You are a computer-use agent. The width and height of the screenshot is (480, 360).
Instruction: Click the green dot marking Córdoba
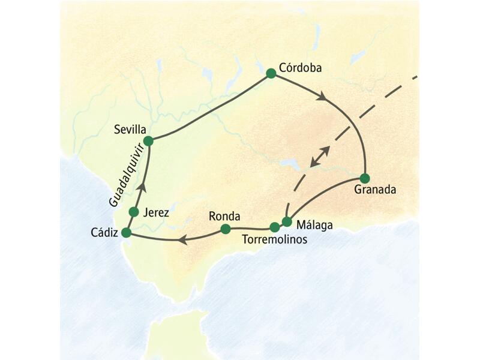pyautogui.click(x=271, y=73)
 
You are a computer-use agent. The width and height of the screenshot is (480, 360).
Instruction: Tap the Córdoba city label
pyautogui.click(x=301, y=68)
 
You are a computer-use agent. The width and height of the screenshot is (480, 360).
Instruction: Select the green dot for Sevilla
pyautogui.click(x=148, y=140)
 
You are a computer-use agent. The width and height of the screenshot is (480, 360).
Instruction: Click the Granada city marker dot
pyautogui.click(x=365, y=178)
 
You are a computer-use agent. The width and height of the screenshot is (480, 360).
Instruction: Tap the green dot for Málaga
pyautogui.click(x=287, y=221)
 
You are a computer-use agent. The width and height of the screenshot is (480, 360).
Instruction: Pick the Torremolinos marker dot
pyautogui.click(x=274, y=227)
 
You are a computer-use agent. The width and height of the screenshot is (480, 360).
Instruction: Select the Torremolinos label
pyautogui.click(x=274, y=239)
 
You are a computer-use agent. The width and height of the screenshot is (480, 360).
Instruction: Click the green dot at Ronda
pyautogui.click(x=226, y=229)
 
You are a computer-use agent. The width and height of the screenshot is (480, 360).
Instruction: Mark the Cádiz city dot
pyautogui.click(x=126, y=233)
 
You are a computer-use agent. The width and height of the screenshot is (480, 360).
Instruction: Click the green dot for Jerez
pyautogui.click(x=134, y=211)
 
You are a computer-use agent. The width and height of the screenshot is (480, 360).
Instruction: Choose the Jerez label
pyautogui.click(x=157, y=212)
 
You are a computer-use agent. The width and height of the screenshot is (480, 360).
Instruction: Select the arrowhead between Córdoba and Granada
pyautogui.click(x=323, y=96)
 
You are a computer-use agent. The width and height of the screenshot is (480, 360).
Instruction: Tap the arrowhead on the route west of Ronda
pyautogui.click(x=181, y=241)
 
